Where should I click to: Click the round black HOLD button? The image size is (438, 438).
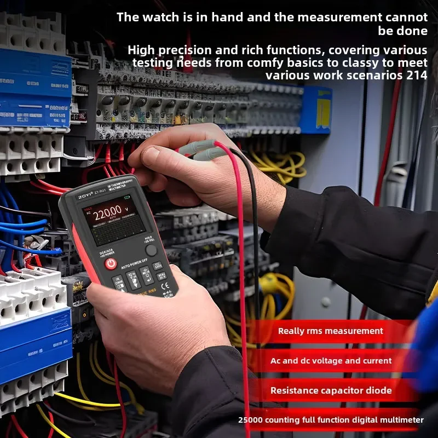(x=151, y=250)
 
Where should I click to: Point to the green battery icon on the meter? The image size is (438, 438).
(x=127, y=198)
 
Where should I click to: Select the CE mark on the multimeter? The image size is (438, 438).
(x=165, y=292)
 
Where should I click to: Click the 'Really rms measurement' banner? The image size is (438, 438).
(x=330, y=331)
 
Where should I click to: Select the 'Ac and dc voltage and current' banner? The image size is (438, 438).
(x=331, y=361)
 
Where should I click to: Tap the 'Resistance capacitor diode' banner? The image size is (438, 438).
(x=331, y=390)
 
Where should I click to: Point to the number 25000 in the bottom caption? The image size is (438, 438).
(x=250, y=420)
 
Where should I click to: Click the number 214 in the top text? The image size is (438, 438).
(x=417, y=75)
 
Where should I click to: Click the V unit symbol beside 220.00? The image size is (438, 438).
(x=126, y=209)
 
